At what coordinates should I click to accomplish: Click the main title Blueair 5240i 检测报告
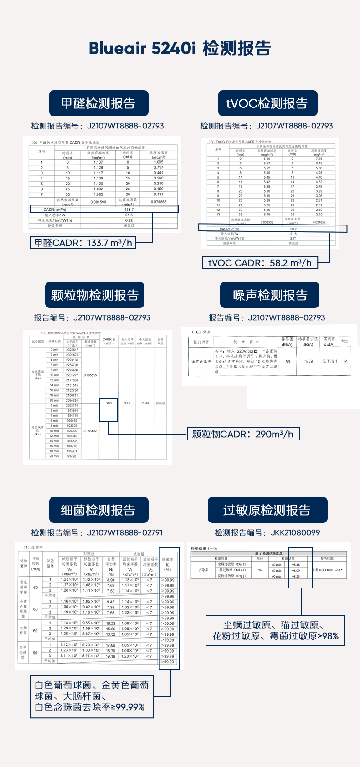[x=180, y=48]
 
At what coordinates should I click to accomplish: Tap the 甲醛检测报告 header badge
[x=98, y=103]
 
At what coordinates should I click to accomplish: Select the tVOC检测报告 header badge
[x=267, y=103]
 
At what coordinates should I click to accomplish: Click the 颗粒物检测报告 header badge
[x=95, y=295]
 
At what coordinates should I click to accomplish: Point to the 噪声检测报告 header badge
[x=270, y=295]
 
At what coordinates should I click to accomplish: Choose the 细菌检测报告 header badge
[x=98, y=510]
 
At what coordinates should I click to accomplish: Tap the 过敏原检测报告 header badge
[x=267, y=510]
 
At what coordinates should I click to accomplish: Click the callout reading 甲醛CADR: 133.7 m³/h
[x=83, y=243]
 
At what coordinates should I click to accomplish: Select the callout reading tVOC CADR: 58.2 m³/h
[x=260, y=263]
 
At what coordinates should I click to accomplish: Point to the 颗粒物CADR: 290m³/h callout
[x=243, y=434]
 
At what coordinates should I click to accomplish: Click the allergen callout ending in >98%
[x=275, y=630]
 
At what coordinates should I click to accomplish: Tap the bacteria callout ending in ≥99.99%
[x=92, y=695]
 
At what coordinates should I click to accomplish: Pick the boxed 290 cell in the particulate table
[x=108, y=403]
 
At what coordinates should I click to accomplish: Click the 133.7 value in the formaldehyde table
[x=129, y=210]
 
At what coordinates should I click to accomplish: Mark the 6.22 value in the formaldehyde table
[x=129, y=220]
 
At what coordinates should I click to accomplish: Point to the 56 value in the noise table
[x=288, y=361]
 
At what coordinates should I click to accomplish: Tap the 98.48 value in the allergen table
[x=296, y=564]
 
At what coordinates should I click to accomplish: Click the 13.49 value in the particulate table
[x=145, y=403]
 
